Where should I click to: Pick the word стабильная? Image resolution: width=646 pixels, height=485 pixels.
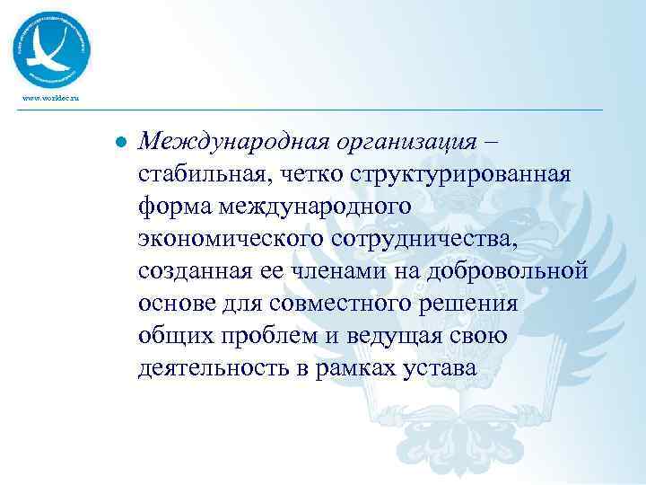pyautogui.click(x=207, y=173)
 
